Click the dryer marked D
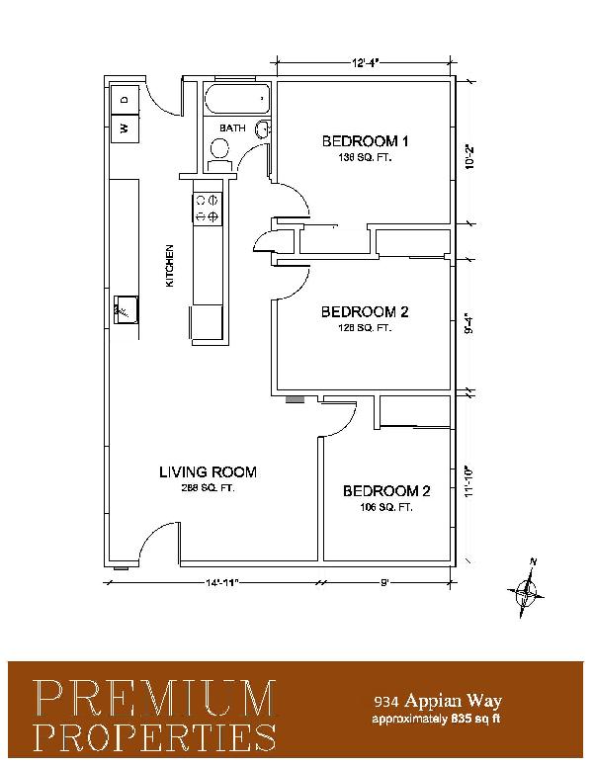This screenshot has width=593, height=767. click(125, 100)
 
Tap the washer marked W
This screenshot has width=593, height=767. click(125, 128)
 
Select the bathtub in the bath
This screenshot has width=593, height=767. click(237, 99)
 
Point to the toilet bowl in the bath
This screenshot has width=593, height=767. click(219, 147)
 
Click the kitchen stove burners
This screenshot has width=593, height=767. click(208, 208)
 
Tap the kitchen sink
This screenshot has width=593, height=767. click(126, 309)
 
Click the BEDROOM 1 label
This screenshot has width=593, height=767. click(365, 141)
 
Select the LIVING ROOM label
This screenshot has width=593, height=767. click(208, 472)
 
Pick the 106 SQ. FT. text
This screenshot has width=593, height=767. click(386, 508)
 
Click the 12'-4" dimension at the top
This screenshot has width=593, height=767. click(365, 62)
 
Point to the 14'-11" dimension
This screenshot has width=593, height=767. click(221, 582)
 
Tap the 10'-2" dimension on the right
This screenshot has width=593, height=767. click(470, 156)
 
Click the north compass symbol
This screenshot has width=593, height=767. click(526, 588)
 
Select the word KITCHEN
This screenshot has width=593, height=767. click(170, 266)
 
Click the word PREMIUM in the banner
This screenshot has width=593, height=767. click(155, 698)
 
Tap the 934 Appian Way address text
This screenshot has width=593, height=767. click(438, 701)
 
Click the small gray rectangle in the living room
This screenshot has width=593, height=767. click(296, 399)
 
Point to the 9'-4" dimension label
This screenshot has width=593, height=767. click(469, 323)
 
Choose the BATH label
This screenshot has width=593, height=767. click(232, 128)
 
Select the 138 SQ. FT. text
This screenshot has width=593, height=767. click(365, 158)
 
